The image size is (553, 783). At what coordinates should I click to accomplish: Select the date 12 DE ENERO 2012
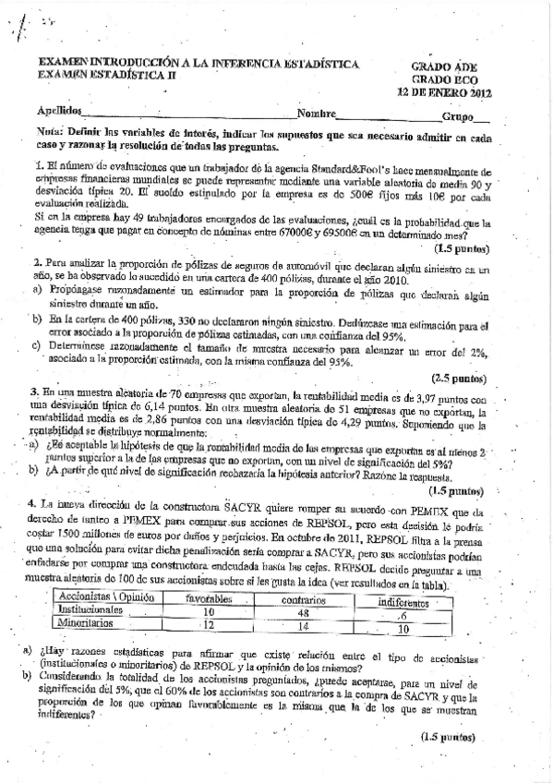[443, 92]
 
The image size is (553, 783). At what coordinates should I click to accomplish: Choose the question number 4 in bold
[33, 504]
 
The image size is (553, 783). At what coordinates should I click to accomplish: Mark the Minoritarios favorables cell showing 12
[209, 599]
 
